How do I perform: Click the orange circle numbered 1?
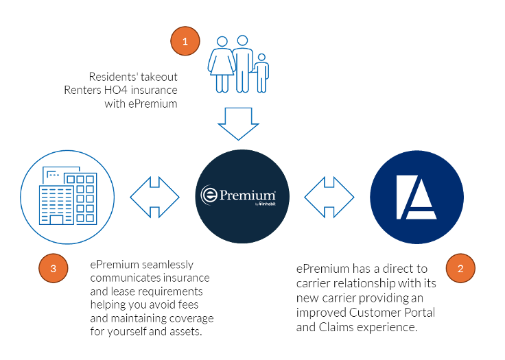coord(185,42)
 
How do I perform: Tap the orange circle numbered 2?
coord(460,267)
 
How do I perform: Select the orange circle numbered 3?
coord(53,267)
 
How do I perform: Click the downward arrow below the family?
coord(238,123)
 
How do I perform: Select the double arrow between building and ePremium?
coord(154,197)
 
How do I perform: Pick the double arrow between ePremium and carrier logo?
coord(329,197)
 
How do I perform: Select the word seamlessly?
coord(168,264)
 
